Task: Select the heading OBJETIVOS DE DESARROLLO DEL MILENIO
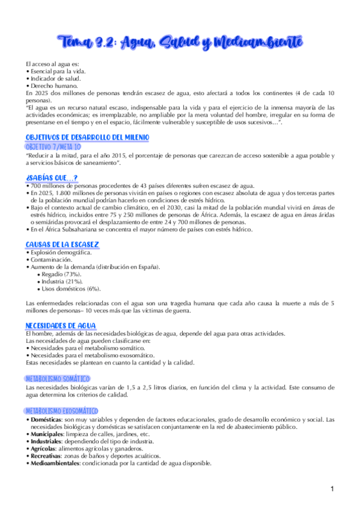(x=87, y=138)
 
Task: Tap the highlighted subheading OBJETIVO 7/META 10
(x=53, y=146)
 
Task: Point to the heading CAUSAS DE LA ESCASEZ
(x=63, y=245)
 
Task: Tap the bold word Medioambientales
(x=56, y=463)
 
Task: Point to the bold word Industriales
(x=46, y=441)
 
